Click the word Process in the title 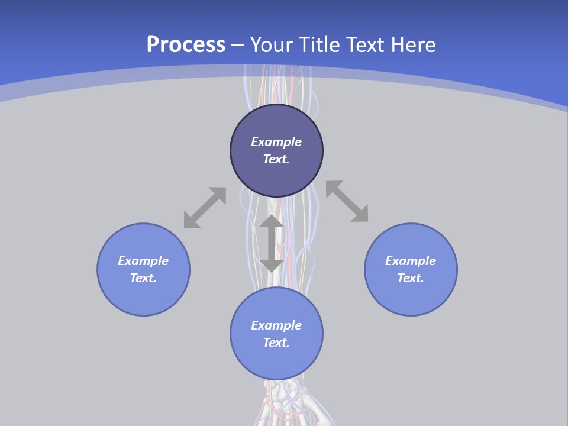coord(186,45)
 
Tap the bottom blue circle coord(276,361)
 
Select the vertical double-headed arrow coord(272,243)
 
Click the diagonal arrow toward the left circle coord(205,208)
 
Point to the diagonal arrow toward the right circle coord(347,201)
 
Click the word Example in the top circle coord(276,142)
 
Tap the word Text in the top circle coord(276,159)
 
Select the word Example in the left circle coord(143,261)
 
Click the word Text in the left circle coord(143,278)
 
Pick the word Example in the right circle coord(411,261)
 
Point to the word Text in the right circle coord(411,278)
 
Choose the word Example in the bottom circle coord(276,325)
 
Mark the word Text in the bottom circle coord(276,343)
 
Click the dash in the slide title coord(238,46)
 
